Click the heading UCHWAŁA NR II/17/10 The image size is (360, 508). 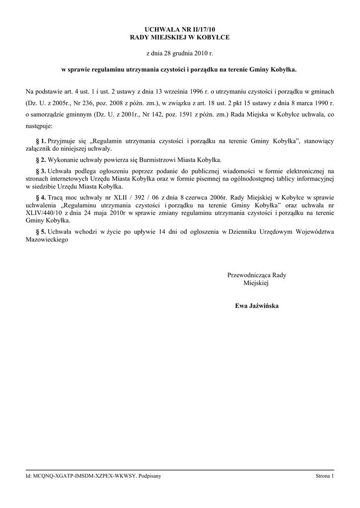tap(179, 30)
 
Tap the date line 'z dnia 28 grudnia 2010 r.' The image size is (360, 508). tap(179, 52)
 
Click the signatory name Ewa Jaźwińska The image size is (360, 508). tap(257, 306)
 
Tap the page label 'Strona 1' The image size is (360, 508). tap(325, 476)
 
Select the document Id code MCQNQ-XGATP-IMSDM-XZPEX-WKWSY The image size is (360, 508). tap(84, 476)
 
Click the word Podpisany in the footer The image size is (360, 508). tap(150, 476)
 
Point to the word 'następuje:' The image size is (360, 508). tap(42, 126)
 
